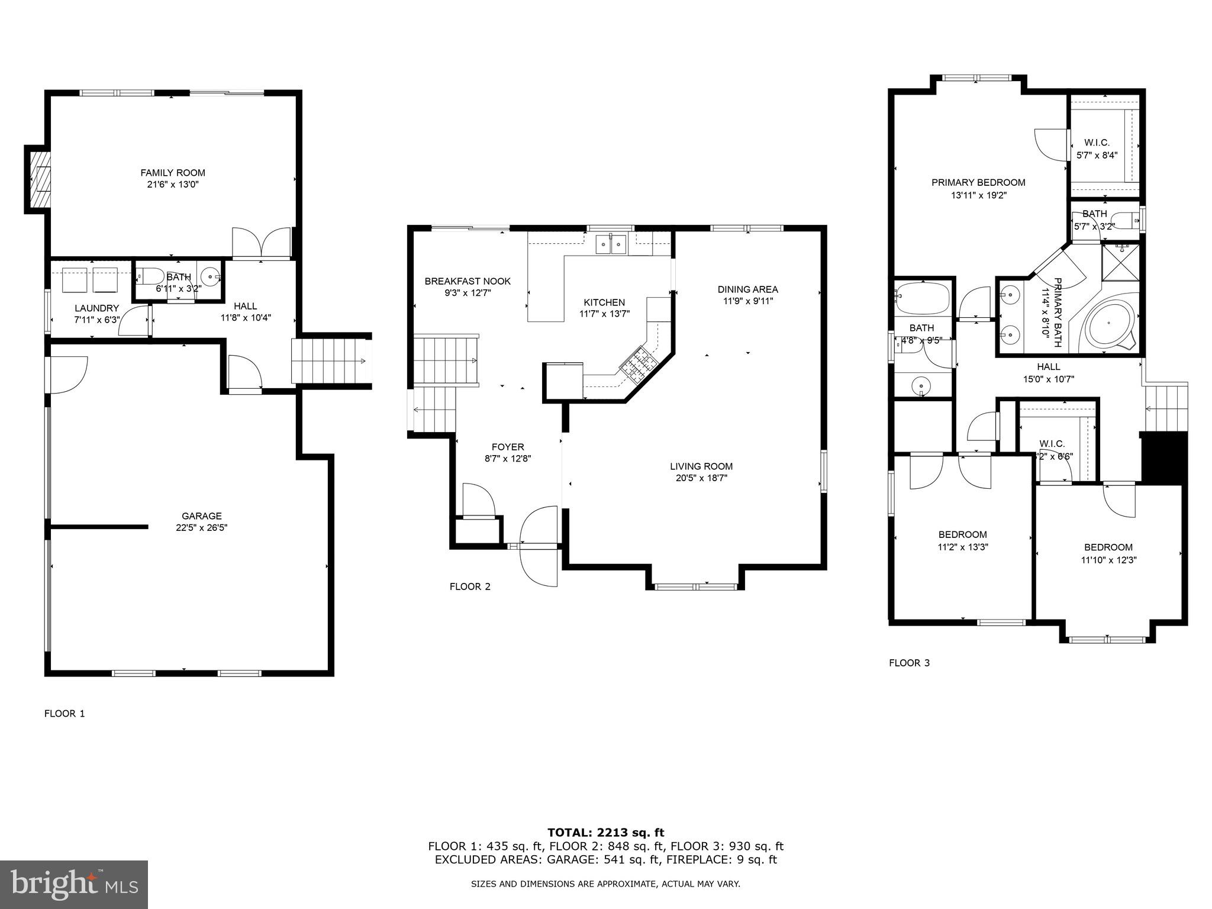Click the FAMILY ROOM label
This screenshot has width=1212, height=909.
point(173,173)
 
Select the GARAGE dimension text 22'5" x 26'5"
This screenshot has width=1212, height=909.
point(201,528)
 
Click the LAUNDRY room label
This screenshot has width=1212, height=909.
point(97,308)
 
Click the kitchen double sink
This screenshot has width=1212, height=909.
point(610,243)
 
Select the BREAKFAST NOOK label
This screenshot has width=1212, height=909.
point(468,281)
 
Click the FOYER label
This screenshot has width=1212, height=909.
point(508,447)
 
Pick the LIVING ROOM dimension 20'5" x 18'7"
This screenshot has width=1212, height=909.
point(701,478)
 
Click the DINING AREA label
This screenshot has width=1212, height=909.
point(747,289)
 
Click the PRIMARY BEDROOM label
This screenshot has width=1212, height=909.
point(978,182)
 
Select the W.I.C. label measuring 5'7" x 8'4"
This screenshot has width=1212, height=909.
point(1097,156)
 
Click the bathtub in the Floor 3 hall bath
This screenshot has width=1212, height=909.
point(923,298)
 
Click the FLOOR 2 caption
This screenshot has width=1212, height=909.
point(470,586)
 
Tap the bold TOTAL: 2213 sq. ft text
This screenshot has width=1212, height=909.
point(605,833)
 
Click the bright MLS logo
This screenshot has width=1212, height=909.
point(74,884)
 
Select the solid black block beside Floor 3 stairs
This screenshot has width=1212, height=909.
point(1164,457)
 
